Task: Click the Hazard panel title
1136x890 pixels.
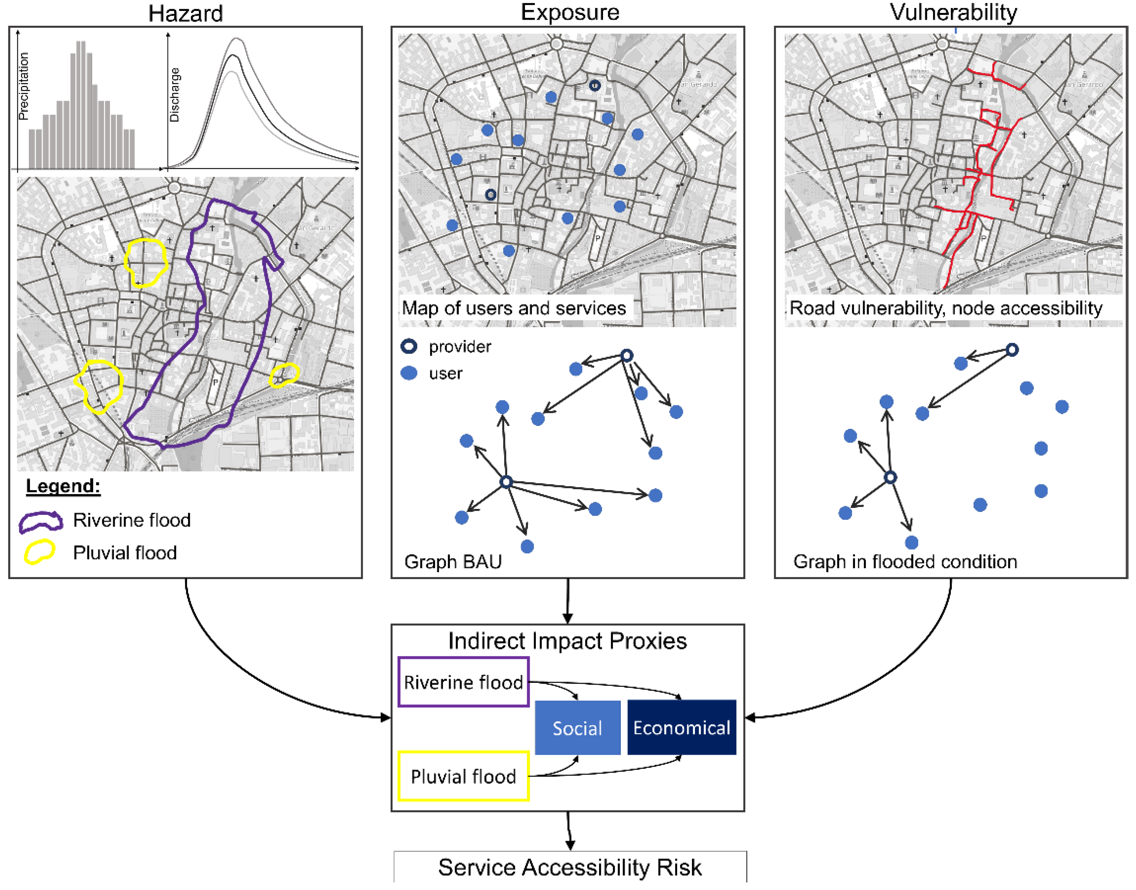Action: click(x=186, y=13)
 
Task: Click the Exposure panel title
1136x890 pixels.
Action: click(x=570, y=12)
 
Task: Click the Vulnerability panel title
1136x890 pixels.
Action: click(x=953, y=12)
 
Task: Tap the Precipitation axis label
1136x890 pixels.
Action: click(x=24, y=86)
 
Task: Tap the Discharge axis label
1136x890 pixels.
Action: click(x=175, y=95)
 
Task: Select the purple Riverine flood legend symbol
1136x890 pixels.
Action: click(x=41, y=522)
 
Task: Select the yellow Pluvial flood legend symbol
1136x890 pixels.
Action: click(x=40, y=552)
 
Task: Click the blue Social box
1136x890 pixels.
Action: click(x=577, y=727)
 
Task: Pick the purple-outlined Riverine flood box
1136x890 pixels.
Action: click(x=463, y=682)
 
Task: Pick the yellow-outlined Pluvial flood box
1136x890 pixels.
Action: click(x=463, y=776)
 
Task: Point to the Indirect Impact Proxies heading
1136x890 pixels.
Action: click(x=567, y=641)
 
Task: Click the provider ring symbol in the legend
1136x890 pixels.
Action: click(x=409, y=346)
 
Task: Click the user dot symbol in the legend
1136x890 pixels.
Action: click(x=409, y=373)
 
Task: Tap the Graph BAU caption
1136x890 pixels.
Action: click(x=452, y=562)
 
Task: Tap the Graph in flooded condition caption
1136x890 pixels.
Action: click(x=904, y=562)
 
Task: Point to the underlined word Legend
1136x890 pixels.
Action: click(x=63, y=486)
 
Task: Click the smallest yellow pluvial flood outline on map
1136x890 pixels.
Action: click(x=284, y=375)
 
